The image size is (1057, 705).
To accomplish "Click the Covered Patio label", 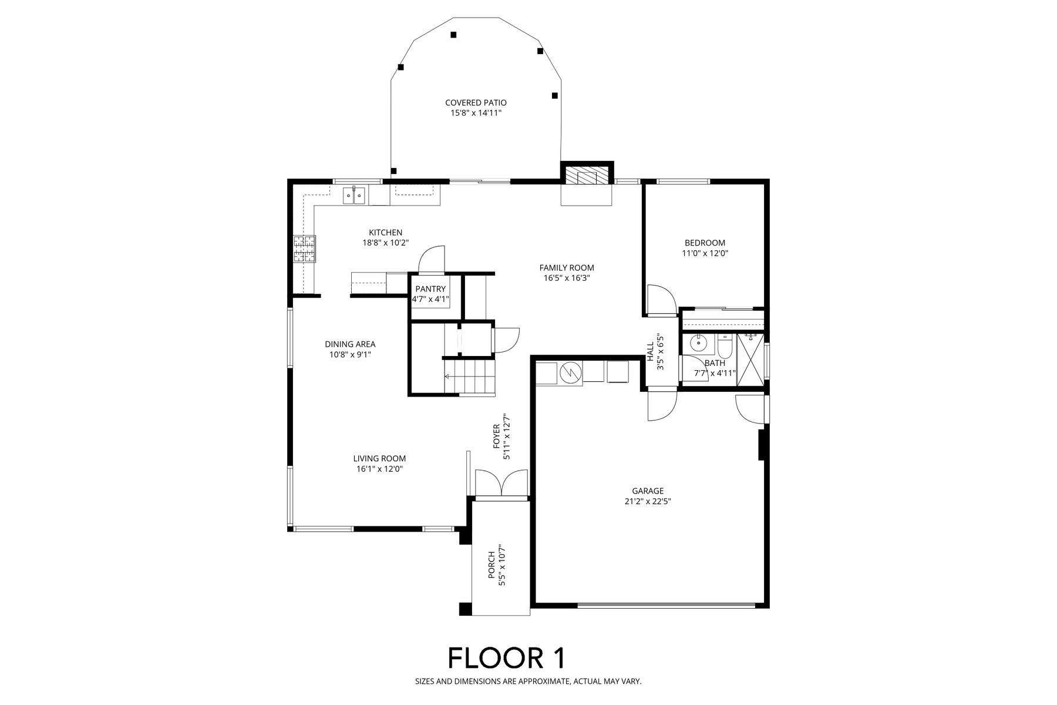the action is [476, 103].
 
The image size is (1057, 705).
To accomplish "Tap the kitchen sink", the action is [355, 194].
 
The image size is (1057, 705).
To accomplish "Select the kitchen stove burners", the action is [305, 249].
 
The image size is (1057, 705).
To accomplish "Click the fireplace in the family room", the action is [586, 176].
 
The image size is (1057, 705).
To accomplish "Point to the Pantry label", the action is [430, 289].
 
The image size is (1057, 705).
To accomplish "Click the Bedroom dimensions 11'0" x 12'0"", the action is [705, 253].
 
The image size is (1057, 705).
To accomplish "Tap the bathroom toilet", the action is [724, 348].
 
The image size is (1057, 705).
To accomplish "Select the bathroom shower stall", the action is [752, 360].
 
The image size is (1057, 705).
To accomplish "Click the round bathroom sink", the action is [699, 342].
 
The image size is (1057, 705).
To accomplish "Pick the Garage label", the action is [648, 491].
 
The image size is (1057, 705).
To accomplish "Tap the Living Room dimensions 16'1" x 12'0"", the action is [379, 469].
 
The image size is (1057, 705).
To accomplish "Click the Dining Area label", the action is [350, 344].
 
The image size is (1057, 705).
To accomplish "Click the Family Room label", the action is [567, 268].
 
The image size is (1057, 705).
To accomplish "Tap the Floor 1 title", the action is [507, 658].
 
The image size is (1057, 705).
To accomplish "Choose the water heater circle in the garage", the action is [570, 373].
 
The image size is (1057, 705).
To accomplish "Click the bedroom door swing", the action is [660, 299].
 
